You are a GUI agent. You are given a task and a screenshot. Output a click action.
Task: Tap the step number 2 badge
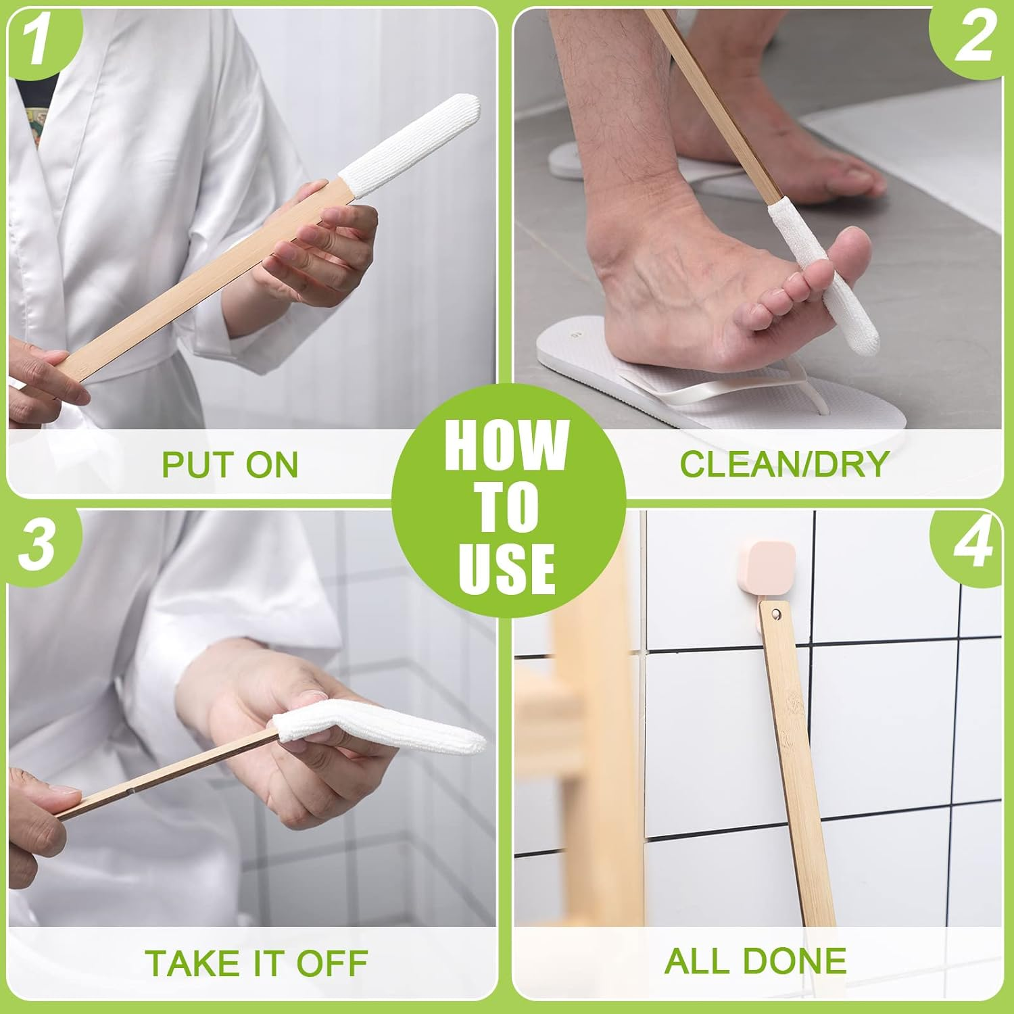tap(973, 37)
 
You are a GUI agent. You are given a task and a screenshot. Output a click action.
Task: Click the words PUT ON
tap(230, 465)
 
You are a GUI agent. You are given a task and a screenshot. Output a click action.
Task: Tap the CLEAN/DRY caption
tap(783, 464)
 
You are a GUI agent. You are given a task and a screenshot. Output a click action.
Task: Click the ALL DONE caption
tap(755, 961)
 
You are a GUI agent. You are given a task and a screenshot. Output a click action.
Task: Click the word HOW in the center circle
tap(506, 445)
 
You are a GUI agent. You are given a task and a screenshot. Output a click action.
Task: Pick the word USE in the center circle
tap(506, 569)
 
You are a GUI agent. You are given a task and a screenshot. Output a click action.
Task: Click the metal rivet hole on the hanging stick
tap(775, 614)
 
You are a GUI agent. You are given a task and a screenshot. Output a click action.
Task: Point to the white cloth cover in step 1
tap(410, 145)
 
